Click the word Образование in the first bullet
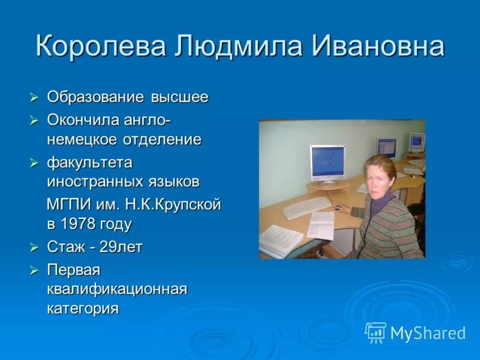click(x=95, y=97)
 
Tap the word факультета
click(x=90, y=163)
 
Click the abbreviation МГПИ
click(x=69, y=205)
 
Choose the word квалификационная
click(x=118, y=289)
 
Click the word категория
click(x=83, y=308)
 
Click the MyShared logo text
click(x=427, y=333)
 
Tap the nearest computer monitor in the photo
click(x=327, y=163)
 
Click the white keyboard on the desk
click(x=307, y=208)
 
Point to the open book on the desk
click(x=281, y=239)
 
